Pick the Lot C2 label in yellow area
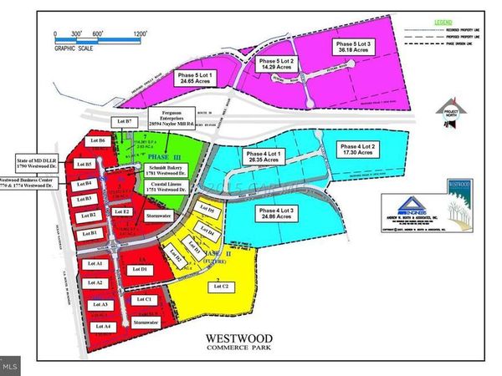[223, 286]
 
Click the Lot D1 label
[141, 270]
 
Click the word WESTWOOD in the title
[235, 341]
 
